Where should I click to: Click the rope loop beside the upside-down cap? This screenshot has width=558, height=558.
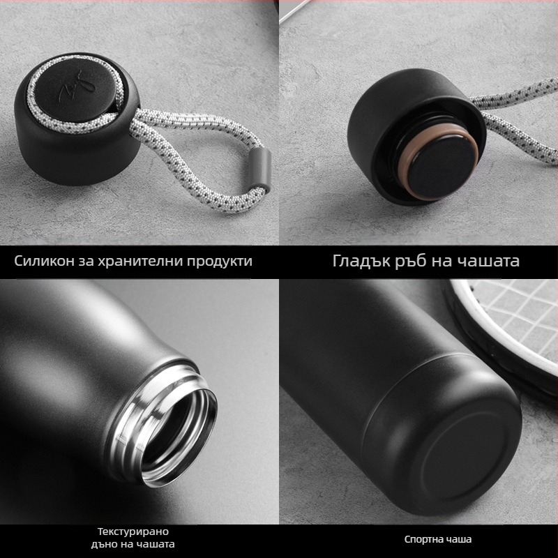(x=516, y=126)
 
